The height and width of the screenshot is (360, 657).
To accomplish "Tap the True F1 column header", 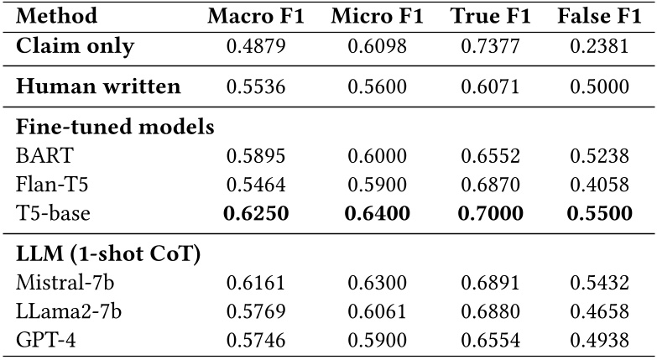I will [x=484, y=16].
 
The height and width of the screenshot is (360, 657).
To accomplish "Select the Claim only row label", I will [x=76, y=47].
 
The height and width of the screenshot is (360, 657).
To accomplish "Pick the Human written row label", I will [x=98, y=86].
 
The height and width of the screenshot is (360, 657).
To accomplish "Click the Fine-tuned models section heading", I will [x=115, y=128].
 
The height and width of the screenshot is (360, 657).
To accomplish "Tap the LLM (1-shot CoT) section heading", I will [x=107, y=253].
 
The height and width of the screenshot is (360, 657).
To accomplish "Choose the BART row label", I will [x=41, y=155].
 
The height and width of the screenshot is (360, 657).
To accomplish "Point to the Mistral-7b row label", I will [x=63, y=281].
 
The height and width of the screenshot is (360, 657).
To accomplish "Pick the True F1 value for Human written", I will [x=484, y=86].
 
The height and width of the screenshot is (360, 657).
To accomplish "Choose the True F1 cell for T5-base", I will [x=484, y=213].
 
